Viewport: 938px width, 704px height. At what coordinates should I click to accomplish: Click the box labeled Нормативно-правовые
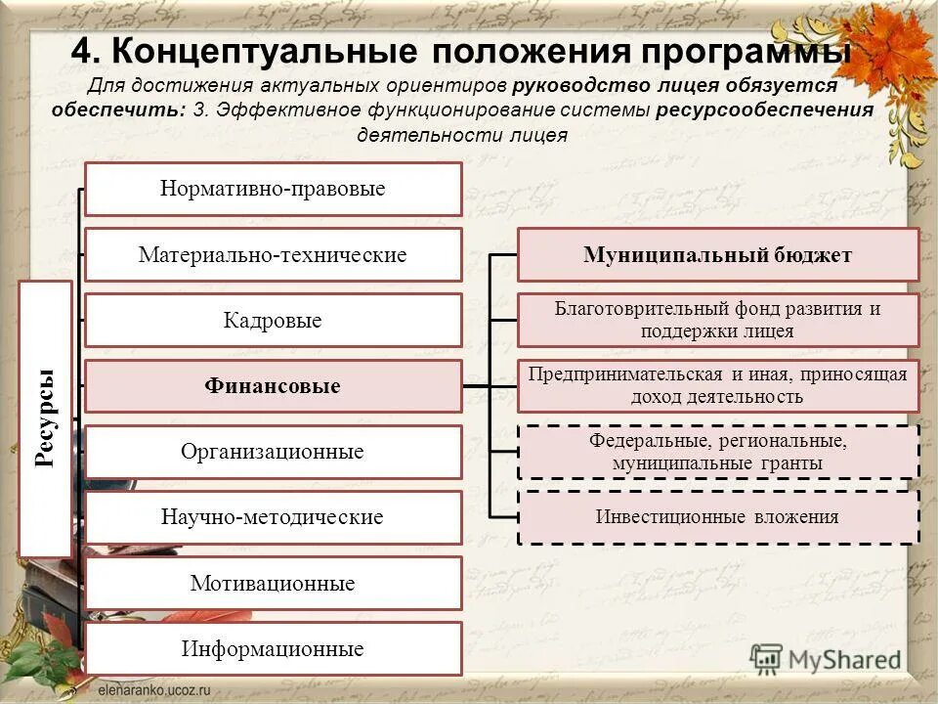tap(273, 189)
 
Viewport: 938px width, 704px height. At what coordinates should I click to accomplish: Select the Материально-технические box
tap(273, 255)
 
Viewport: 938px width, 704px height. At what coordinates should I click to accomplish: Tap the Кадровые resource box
tap(273, 321)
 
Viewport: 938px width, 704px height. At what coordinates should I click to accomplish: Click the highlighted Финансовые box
tap(273, 386)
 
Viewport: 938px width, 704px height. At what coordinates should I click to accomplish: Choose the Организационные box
tap(273, 452)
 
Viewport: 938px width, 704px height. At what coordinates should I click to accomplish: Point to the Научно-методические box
tap(273, 517)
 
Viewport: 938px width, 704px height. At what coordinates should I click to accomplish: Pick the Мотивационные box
tap(273, 584)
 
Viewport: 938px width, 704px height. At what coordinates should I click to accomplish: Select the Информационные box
tap(273, 649)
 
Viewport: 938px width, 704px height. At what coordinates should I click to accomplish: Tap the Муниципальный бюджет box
tap(717, 255)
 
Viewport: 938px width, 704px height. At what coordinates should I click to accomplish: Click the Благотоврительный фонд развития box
tap(717, 320)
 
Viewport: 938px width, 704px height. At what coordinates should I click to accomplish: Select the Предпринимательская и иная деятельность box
tap(717, 385)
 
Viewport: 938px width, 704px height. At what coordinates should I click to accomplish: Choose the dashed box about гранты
tap(717, 452)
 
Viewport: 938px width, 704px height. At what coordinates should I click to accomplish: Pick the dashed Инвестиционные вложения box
tap(717, 517)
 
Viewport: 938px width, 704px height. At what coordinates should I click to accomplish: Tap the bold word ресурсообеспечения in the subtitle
tap(764, 110)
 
